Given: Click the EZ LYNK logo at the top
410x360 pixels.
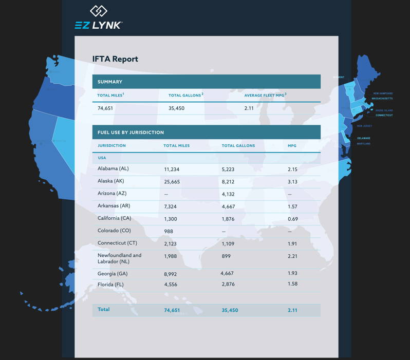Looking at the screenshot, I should (98, 18).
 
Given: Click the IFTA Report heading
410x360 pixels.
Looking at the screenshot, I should (115, 59).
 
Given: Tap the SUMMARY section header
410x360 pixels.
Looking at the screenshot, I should (110, 82).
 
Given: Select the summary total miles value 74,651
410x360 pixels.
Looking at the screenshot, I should (105, 108).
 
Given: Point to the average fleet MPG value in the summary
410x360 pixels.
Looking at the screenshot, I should (250, 108).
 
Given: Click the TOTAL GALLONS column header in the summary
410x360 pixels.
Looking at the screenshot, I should (185, 95).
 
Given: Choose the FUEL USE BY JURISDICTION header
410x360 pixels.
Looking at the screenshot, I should (131, 132).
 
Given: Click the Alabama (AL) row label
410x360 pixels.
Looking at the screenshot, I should (113, 169).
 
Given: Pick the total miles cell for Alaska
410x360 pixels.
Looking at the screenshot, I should (172, 181).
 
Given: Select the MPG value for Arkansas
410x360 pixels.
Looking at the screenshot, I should (293, 206).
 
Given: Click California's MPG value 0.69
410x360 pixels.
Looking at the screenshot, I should (293, 218).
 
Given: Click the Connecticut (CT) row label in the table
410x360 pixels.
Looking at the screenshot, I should (117, 243).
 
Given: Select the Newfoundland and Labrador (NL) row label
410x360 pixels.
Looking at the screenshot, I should (119, 258).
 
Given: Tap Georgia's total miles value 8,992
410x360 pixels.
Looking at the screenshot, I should (170, 274).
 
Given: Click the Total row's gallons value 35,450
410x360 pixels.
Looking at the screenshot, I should (230, 310).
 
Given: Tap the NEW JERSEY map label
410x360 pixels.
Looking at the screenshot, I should (364, 126).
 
